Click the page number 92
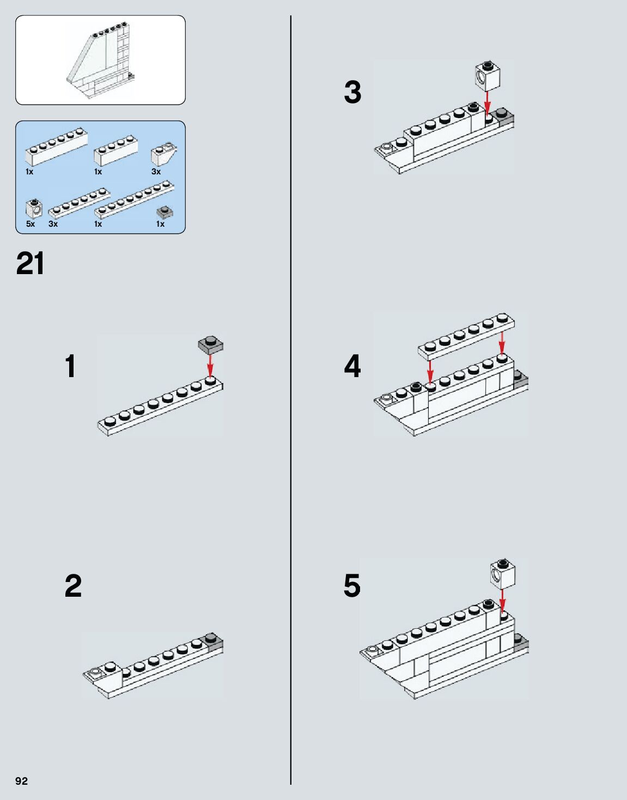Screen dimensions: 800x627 pos(21,781)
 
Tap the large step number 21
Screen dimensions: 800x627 pos(31,264)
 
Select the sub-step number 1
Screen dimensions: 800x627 pos(70,366)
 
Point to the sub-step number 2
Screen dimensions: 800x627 pos(73,586)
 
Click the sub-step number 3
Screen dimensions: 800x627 pos(352,92)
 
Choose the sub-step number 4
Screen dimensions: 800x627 pos(352,366)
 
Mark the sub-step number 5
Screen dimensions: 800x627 pos(352,586)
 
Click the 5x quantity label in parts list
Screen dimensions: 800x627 pos(30,224)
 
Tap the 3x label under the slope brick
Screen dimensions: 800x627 pos(156,172)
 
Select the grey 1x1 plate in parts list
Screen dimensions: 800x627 pos(165,211)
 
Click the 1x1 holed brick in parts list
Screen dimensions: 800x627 pos(33,209)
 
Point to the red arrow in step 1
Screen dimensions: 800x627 pos(210,365)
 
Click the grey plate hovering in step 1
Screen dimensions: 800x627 pos(211,345)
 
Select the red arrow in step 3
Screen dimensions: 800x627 pos(488,102)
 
